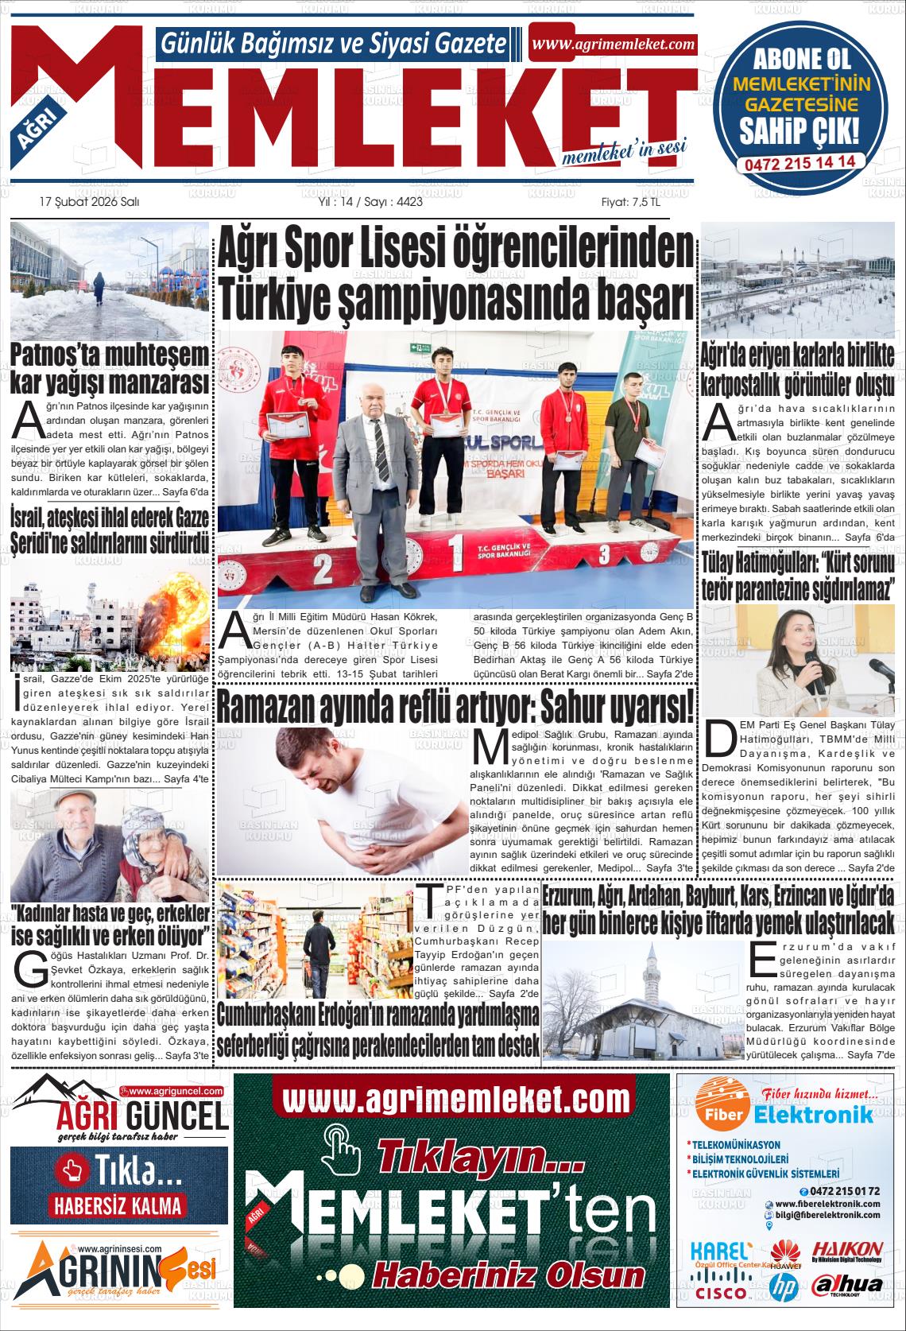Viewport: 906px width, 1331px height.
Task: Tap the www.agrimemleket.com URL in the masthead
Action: [x=613, y=45]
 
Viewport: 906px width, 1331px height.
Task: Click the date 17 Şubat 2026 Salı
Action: [x=89, y=202]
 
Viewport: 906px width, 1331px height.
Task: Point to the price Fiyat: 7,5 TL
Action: [x=630, y=202]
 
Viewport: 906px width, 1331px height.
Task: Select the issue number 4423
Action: [x=408, y=202]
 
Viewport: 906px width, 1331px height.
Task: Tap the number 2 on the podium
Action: [x=322, y=568]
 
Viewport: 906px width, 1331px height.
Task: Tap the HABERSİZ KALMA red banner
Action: [x=118, y=1205]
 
